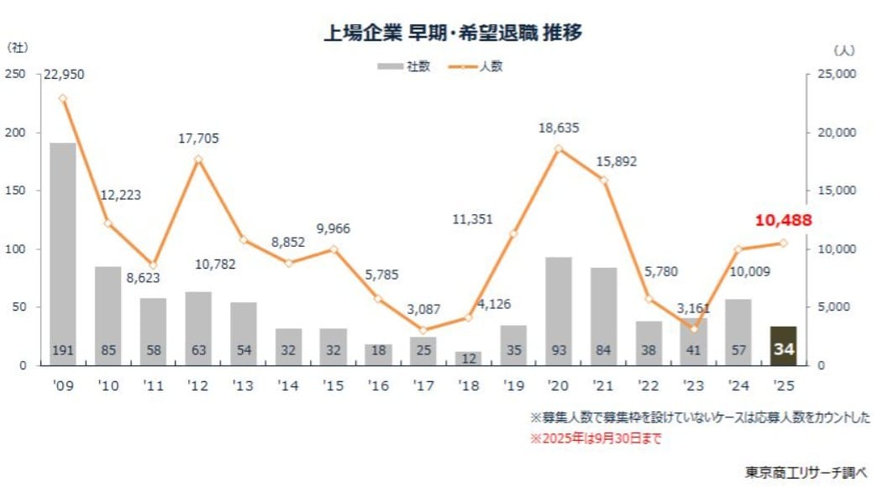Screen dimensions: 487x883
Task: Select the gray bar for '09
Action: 63,252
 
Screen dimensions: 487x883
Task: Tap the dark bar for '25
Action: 783,346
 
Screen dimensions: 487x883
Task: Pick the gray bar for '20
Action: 558,311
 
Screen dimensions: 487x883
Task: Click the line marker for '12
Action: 198,160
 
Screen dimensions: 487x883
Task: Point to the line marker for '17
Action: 423,330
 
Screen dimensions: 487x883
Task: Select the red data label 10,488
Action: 783,220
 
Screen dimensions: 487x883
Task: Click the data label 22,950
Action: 63,75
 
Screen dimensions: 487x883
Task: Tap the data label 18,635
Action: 559,128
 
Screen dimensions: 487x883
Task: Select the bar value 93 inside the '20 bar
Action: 558,350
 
